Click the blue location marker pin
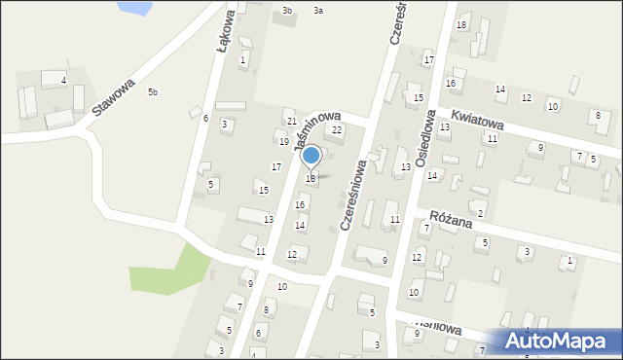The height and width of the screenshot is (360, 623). click(311, 156)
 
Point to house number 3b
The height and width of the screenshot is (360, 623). click(286, 10)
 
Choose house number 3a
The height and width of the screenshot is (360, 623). click(318, 10)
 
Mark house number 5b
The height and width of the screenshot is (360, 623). click(152, 92)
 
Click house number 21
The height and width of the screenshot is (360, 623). click(292, 121)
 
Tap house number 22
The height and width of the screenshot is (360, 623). click(337, 129)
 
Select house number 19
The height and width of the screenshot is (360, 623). click(284, 142)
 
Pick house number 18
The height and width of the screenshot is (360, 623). click(461, 24)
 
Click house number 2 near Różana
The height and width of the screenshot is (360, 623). click(481, 213)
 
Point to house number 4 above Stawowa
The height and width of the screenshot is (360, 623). click(64, 80)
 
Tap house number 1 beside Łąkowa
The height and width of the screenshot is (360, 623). click(242, 60)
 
